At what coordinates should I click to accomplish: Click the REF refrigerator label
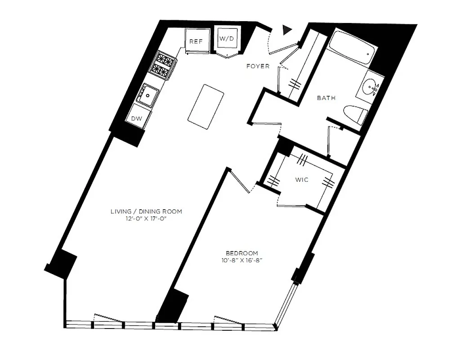pos(196,41)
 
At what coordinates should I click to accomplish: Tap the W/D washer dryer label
pos(227,39)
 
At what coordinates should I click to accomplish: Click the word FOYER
pos(258,66)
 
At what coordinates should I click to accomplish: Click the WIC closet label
pos(301,180)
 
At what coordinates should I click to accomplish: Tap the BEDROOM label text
pos(242,253)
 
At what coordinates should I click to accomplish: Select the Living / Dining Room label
pos(147,211)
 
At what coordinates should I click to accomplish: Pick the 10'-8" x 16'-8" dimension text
pos(242,260)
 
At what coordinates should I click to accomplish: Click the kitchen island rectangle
pos(206,106)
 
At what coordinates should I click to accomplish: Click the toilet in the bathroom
pos(355,116)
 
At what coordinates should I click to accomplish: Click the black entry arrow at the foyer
pos(287,30)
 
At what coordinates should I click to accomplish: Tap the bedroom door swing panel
pos(240,180)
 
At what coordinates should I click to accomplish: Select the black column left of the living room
pos(61,263)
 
